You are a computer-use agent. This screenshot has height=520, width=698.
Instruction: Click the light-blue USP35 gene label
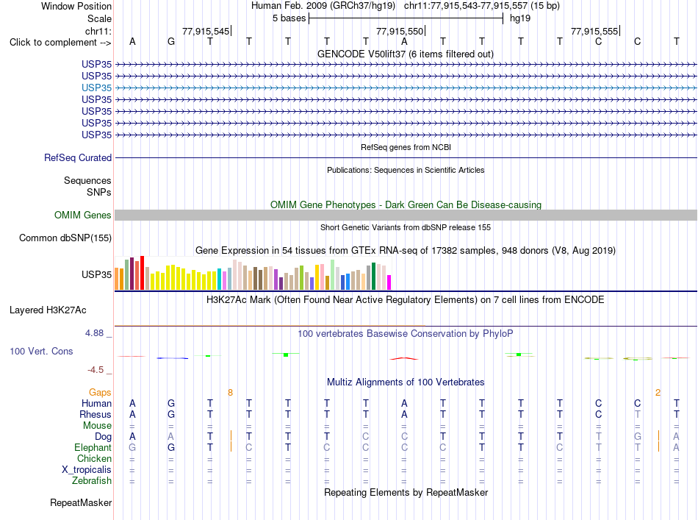pos(96,88)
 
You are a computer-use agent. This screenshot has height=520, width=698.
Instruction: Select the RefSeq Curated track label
pos(78,157)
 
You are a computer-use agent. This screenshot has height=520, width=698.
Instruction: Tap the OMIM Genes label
pos(83,216)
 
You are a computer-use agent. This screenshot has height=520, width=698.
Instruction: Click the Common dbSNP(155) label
pos(65,238)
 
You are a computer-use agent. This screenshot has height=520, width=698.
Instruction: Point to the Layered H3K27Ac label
pos(48,310)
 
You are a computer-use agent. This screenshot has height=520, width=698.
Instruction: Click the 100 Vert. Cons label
pos(41,351)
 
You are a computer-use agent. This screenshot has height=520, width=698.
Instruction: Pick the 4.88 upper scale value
pos(94,333)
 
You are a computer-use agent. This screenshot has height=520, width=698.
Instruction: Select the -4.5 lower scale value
pos(96,370)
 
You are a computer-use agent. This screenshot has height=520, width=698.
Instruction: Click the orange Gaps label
pos(100,392)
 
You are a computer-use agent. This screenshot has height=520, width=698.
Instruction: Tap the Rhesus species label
pos(96,414)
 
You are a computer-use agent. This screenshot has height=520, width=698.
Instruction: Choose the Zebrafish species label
pos(92,481)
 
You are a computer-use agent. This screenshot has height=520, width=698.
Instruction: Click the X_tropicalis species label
pos(87,470)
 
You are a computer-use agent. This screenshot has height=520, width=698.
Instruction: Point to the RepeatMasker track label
pos(81,502)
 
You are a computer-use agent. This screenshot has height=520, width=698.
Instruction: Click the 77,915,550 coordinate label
pos(400,31)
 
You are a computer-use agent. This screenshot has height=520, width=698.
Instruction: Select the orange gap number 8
pos(230,393)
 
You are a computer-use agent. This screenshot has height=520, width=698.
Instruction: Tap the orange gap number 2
pos(658,393)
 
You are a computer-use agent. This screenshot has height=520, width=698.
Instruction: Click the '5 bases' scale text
pos(289,18)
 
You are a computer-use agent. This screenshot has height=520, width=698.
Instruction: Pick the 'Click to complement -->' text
pos(60,43)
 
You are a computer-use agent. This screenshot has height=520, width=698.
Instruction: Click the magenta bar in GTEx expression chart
pos(389,282)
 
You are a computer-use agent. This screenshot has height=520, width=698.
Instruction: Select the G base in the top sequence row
pos(171,41)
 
